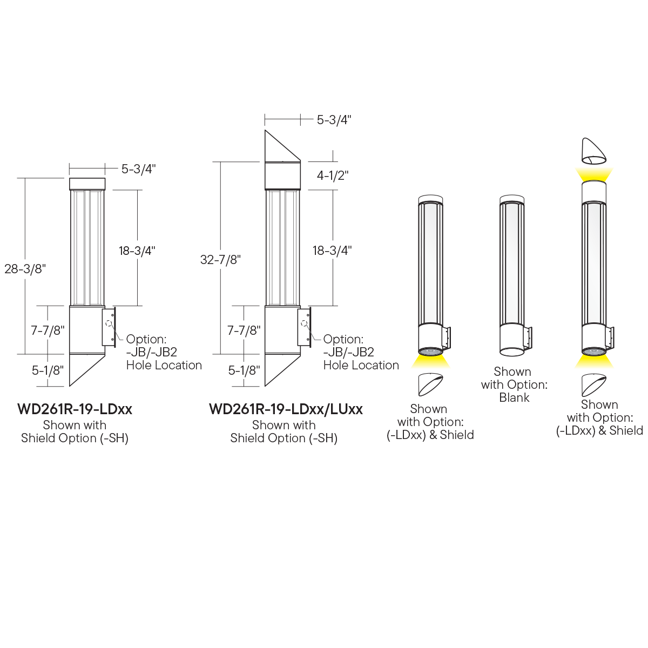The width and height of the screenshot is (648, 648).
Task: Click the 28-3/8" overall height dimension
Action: point(25,269)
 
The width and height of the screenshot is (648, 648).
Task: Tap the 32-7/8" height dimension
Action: point(220,260)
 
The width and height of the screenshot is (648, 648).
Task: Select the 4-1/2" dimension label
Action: point(332,175)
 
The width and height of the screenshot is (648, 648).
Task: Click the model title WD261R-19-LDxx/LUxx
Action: point(286,409)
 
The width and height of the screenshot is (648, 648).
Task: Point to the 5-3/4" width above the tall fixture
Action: point(334,120)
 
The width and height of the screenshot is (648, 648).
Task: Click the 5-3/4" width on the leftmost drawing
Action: point(138,169)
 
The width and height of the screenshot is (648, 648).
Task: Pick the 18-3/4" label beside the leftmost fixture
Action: point(137,251)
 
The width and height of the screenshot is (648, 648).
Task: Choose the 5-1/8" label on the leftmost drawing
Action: point(48,370)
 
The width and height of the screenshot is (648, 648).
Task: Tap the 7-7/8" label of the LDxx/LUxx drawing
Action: point(244,330)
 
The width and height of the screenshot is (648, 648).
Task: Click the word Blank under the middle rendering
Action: point(514,397)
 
